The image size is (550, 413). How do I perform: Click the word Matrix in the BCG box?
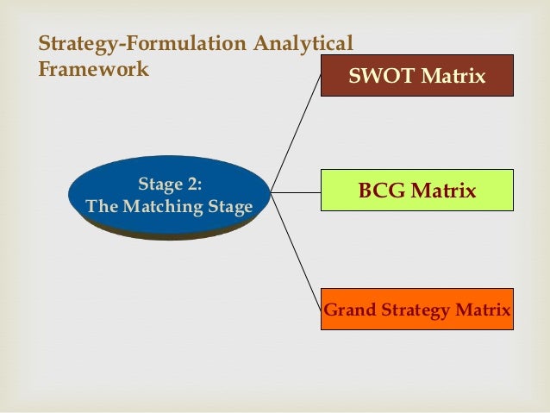[x=443, y=191]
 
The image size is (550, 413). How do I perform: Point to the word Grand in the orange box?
[x=346, y=310]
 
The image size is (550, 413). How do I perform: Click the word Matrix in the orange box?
[x=481, y=310]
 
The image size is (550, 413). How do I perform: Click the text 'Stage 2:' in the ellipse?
[x=170, y=184]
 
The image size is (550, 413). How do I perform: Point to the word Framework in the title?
[x=93, y=68]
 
